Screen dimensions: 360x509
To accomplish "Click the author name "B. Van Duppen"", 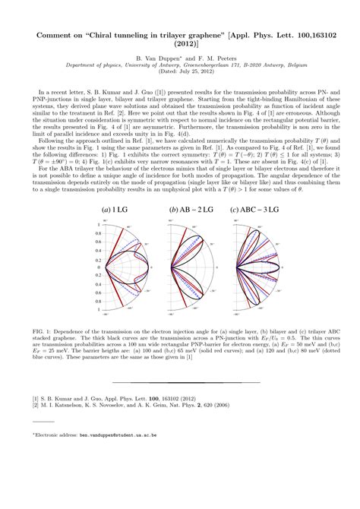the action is click(156, 57).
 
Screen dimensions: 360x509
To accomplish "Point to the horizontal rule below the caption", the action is click(180, 381).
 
